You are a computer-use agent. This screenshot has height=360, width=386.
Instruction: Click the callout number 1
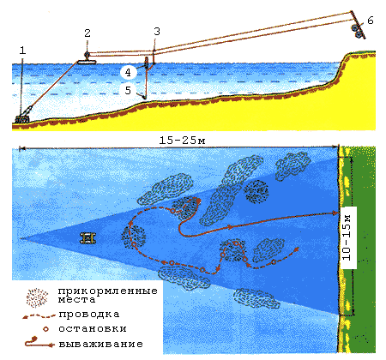(x=22, y=51)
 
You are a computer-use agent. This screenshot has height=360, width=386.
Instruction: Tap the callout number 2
(x=87, y=33)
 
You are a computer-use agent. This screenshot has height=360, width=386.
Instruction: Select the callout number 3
(x=157, y=32)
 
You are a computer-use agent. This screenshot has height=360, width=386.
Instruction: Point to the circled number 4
(x=128, y=72)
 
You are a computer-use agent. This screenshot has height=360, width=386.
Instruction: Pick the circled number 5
(x=128, y=90)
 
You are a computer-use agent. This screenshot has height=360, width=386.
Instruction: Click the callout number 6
(x=371, y=21)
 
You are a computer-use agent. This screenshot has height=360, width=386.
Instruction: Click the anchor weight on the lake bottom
(x=23, y=117)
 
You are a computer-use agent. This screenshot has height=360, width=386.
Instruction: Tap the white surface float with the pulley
(x=87, y=61)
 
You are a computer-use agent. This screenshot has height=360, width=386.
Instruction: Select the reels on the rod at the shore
(x=357, y=31)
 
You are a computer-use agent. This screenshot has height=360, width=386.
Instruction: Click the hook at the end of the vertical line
(x=144, y=97)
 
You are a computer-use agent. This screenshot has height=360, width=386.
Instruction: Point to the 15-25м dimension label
(x=182, y=141)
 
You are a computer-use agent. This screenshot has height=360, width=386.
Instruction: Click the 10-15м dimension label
(x=347, y=237)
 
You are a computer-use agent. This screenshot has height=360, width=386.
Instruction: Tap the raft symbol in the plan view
(x=87, y=238)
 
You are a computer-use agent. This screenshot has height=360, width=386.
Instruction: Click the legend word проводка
(x=89, y=315)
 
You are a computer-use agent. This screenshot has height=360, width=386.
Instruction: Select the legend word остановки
(x=93, y=329)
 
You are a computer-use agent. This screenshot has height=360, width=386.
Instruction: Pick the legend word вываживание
(x=101, y=344)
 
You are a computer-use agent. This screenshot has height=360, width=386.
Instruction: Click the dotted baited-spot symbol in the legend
(x=37, y=297)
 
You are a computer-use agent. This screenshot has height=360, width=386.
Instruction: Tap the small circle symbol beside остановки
(x=45, y=329)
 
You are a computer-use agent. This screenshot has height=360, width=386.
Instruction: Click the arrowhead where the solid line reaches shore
(x=335, y=213)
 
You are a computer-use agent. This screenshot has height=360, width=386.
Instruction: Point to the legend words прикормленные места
(x=108, y=295)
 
